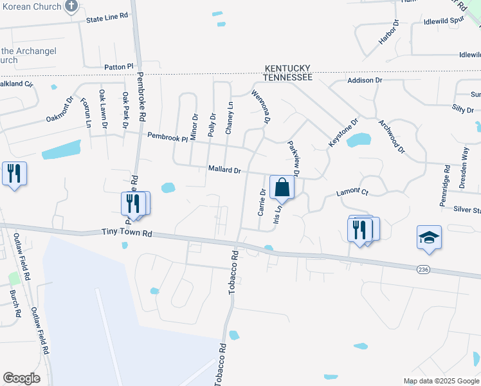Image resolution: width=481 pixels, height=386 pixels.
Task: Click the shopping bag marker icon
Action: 282,187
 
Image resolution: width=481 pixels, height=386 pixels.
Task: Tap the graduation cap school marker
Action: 429,237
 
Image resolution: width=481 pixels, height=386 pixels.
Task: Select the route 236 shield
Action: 422,269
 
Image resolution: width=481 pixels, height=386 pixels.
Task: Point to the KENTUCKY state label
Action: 287,68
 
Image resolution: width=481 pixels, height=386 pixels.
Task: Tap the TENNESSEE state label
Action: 287,77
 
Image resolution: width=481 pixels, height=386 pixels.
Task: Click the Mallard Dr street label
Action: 224,170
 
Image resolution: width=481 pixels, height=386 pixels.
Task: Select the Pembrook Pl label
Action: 167,136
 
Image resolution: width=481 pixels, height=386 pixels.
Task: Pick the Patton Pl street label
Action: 118,66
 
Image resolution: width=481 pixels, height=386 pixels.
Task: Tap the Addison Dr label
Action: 365,80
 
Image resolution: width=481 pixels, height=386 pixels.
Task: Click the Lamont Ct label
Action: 352,192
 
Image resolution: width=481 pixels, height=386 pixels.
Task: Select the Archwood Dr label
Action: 392,136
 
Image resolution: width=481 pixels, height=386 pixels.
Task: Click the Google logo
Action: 22,378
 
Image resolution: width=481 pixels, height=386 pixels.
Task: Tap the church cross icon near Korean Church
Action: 71,8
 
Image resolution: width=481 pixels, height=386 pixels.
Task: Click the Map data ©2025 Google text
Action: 440,381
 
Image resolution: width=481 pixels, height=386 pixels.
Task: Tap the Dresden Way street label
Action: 464,167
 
